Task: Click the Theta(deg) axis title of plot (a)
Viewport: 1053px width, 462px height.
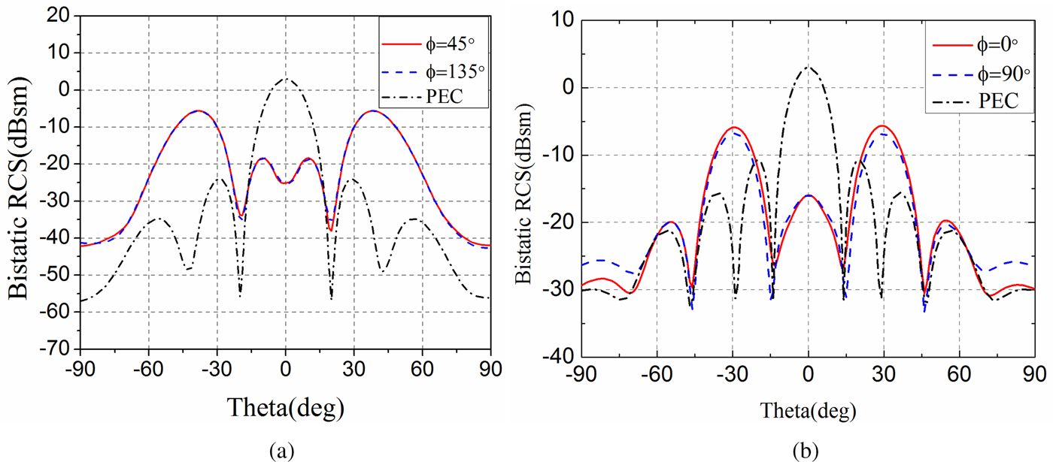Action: pos(285,408)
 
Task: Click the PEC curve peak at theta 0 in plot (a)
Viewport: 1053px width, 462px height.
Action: pos(286,78)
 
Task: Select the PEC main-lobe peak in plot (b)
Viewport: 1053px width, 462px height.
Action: pos(808,67)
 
